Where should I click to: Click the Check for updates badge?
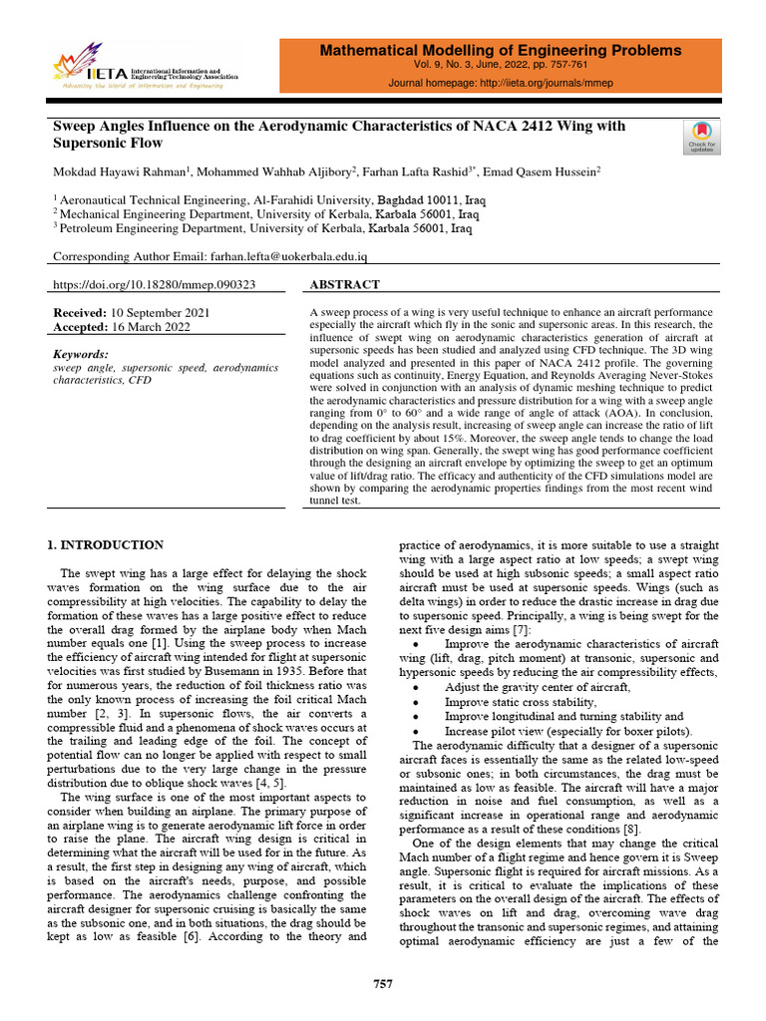click(x=701, y=137)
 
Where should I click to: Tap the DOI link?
click(x=155, y=284)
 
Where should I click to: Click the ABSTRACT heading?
click(x=345, y=284)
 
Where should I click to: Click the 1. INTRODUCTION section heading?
click(x=107, y=545)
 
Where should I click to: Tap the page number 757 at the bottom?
click(x=383, y=984)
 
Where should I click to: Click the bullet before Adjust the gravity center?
click(x=414, y=688)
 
